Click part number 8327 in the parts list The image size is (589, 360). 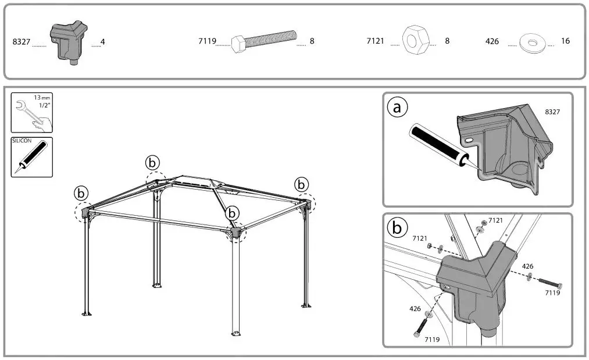(x=20, y=42)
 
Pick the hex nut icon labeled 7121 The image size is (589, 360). (x=415, y=42)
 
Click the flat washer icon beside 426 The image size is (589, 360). (x=530, y=42)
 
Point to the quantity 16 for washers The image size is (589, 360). (x=565, y=41)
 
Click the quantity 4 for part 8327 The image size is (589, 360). (x=102, y=42)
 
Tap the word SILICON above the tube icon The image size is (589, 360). (x=21, y=141)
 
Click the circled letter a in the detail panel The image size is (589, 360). (x=397, y=108)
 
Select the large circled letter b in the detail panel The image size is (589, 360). (x=397, y=228)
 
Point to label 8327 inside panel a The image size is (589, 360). (x=552, y=111)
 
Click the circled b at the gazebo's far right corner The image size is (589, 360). (x=301, y=184)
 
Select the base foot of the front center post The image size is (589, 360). (x=236, y=333)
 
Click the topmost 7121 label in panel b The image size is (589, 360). (x=495, y=220)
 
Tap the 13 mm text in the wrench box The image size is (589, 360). (x=41, y=98)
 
